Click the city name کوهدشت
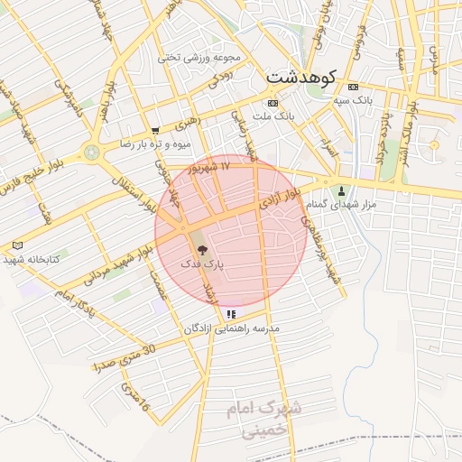302,79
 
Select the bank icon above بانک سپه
352,87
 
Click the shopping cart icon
155,130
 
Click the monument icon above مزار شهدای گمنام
341,191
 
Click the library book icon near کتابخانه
18,245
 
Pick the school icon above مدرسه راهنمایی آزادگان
232,314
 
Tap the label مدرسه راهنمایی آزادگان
232,328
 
